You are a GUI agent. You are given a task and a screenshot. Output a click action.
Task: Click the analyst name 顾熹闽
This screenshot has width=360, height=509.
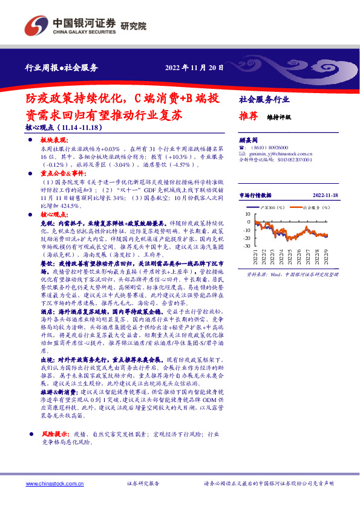(x=249, y=139)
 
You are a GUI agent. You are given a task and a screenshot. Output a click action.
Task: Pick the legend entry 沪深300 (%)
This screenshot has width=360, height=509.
(x=275, y=207)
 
